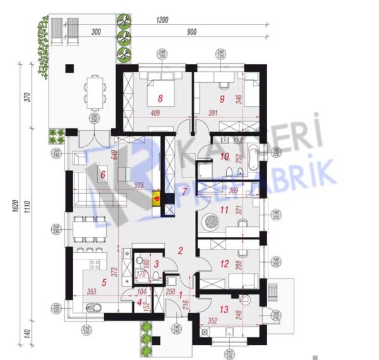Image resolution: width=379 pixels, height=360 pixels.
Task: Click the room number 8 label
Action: coord(160,99)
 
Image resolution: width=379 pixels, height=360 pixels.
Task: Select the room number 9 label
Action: coord(222,99)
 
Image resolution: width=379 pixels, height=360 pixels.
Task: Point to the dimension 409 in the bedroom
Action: coord(155,115)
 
